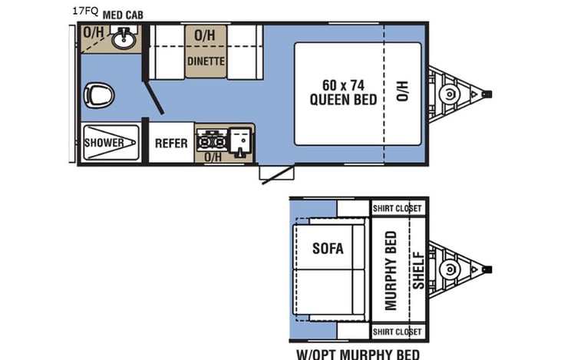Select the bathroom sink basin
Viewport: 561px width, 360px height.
click(x=123, y=39)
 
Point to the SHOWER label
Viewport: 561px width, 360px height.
click(x=104, y=143)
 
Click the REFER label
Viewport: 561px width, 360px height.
click(x=171, y=143)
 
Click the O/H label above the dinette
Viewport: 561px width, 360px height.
click(x=204, y=35)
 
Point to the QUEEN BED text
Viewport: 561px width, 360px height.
click(x=343, y=99)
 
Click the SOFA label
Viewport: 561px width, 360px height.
click(x=328, y=248)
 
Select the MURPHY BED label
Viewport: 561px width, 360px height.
click(x=391, y=270)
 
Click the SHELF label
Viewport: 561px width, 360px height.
click(x=417, y=270)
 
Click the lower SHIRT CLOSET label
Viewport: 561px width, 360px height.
click(x=397, y=332)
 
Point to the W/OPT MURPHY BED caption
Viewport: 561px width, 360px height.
click(x=358, y=354)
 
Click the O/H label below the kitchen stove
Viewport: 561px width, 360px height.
click(x=213, y=157)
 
